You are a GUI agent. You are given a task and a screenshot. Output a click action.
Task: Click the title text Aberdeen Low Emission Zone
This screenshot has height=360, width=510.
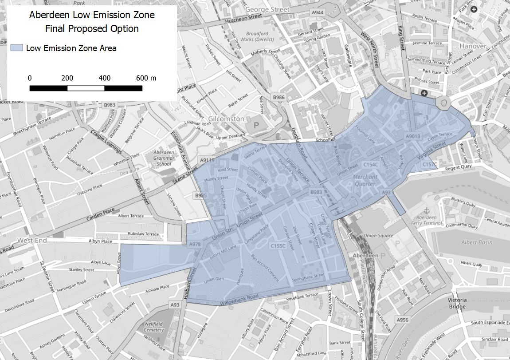[92, 15]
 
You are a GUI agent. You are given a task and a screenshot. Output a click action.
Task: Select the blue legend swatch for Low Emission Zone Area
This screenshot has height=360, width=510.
[16, 48]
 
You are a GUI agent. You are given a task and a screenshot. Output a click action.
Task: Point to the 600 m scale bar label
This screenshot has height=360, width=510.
[146, 78]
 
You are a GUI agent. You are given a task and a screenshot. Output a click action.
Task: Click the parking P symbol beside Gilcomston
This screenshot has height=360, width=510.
[256, 126]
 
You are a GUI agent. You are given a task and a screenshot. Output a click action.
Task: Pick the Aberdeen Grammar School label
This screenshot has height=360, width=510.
[164, 158]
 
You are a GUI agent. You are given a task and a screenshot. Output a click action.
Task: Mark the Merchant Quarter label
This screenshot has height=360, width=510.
[365, 180]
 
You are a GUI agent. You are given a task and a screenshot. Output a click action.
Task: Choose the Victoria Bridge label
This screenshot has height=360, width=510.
[457, 303]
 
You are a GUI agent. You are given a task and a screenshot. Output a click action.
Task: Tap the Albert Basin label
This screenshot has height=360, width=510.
[477, 242]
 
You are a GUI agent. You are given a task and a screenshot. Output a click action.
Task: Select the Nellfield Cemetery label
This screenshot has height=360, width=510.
[154, 327]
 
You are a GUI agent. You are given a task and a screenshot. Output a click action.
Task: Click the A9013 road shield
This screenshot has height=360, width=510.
[412, 137]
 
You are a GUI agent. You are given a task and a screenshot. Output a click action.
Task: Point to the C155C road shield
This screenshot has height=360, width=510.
[278, 245]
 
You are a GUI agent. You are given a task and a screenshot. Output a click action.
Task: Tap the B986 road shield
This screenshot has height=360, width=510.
[279, 97]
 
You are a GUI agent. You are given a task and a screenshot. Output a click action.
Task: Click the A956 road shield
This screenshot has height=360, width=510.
[403, 320]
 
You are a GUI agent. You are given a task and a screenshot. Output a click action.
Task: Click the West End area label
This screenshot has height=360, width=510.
[32, 240]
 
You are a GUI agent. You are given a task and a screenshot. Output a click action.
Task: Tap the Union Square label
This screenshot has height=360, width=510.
[378, 236]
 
